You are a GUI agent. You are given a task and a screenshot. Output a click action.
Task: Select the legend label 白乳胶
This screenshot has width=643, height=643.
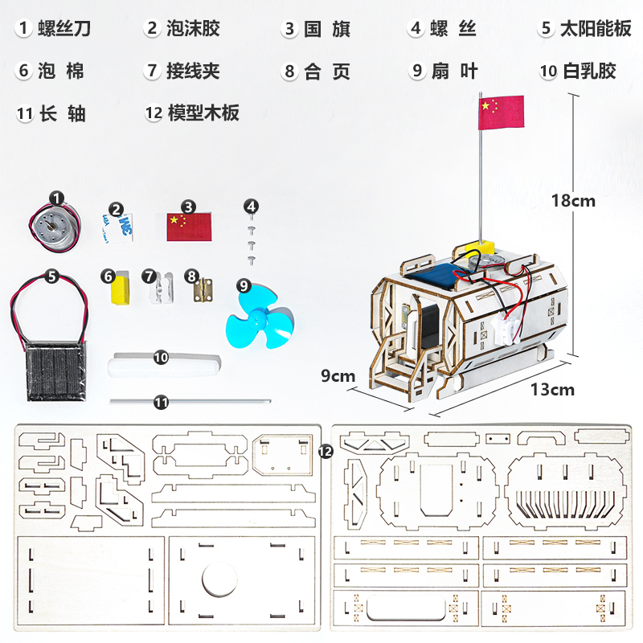click(x=589, y=71)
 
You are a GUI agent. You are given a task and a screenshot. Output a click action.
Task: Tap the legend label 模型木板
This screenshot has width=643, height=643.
click(x=203, y=113)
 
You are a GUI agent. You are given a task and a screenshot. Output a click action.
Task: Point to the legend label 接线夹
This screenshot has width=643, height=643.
click(x=193, y=71)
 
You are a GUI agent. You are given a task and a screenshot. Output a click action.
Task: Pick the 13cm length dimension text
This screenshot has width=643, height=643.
click(x=553, y=389)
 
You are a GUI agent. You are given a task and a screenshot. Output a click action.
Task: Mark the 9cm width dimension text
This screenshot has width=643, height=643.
click(x=338, y=375)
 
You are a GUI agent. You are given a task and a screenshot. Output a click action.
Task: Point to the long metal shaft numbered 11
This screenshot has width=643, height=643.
click(x=190, y=399)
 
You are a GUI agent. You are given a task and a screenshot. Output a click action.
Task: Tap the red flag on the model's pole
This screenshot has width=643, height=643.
click(x=501, y=112)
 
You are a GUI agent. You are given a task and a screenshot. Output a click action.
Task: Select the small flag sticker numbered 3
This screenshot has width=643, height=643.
click(x=187, y=224)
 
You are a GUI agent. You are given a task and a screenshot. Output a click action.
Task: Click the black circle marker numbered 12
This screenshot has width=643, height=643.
click(x=326, y=452)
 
